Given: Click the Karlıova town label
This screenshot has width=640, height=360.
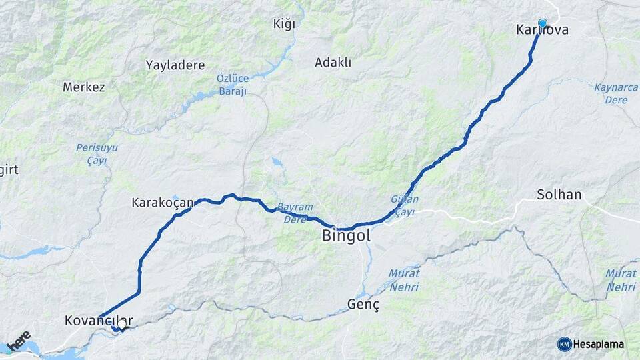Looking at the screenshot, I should click(x=542, y=30).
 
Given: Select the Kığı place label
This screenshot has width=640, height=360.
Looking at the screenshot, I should click(x=283, y=25).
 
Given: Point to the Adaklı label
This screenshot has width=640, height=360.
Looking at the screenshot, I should click(x=333, y=63).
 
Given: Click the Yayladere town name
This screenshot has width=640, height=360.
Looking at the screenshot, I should click(x=175, y=65).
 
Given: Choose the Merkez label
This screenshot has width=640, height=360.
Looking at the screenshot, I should click(x=84, y=87).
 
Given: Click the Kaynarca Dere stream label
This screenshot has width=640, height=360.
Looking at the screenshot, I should click(x=615, y=93).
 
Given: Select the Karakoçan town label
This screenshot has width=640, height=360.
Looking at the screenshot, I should click(x=162, y=201).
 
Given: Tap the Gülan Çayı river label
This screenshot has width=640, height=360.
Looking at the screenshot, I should click(x=405, y=205).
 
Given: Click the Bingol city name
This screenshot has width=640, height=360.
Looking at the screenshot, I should click(x=346, y=235).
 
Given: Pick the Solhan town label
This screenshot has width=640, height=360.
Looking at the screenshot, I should click(x=559, y=195).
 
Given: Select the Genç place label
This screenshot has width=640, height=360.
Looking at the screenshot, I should click(x=363, y=305).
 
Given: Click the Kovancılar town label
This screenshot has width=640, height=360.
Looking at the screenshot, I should click(x=99, y=321).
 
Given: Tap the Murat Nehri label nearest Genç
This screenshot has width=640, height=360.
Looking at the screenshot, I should click(x=404, y=280).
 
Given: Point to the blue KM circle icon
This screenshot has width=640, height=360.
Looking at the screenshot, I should click(x=564, y=344).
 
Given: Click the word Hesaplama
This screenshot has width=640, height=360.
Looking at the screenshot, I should click(x=599, y=344).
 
